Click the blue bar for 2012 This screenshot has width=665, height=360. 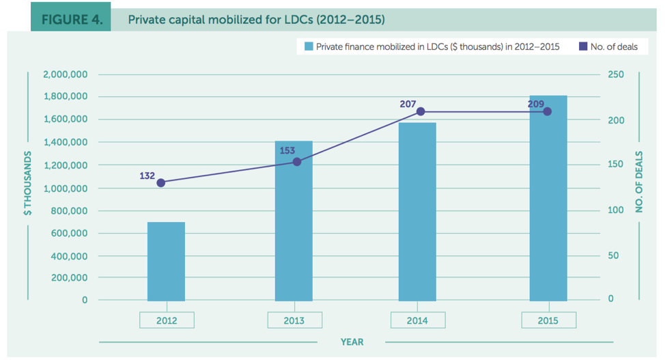coord(166,262)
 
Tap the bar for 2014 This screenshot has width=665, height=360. coord(417,212)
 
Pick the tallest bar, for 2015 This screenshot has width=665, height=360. coord(548,198)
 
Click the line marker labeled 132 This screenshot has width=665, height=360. coord(161,182)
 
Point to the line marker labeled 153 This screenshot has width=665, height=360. coord(297,162)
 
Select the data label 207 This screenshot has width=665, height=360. coord(408,104)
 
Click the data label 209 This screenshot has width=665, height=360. coord(536,104)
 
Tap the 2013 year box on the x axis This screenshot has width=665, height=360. coord(294,320)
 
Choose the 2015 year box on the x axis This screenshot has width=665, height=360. coord(548,320)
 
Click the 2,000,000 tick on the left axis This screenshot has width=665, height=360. coord(65,74)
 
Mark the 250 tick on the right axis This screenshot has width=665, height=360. coord(616,74)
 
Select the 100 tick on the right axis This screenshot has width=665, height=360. coord(616,210)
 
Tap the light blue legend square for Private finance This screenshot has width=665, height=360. coord(309,46)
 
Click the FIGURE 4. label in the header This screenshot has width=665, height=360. coord(72,19)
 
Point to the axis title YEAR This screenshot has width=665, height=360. coord(352,342)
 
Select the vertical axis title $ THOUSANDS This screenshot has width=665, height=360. coord(27,184)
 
